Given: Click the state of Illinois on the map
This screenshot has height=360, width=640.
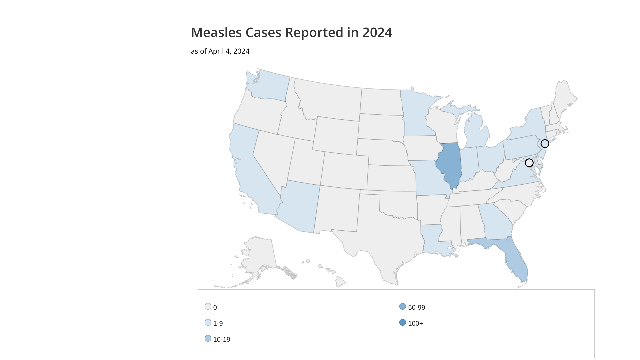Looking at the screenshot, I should tap(449, 165).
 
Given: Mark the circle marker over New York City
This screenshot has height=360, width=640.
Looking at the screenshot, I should tap(545, 144).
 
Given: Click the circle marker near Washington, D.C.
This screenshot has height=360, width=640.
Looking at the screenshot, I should tap(529, 163).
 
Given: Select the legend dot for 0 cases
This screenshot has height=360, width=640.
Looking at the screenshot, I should tap(208, 306).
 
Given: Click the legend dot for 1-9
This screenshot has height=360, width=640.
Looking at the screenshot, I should tap(208, 322).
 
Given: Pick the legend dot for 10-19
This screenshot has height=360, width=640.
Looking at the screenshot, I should tap(208, 338).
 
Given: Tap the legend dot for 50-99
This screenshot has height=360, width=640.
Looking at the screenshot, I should tap(403, 306).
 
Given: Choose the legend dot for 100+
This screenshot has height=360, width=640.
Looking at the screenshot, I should tap(403, 322).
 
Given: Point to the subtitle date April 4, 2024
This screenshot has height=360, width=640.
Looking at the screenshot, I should tap(229, 51).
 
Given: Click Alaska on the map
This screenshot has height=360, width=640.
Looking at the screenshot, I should tap(258, 257).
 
